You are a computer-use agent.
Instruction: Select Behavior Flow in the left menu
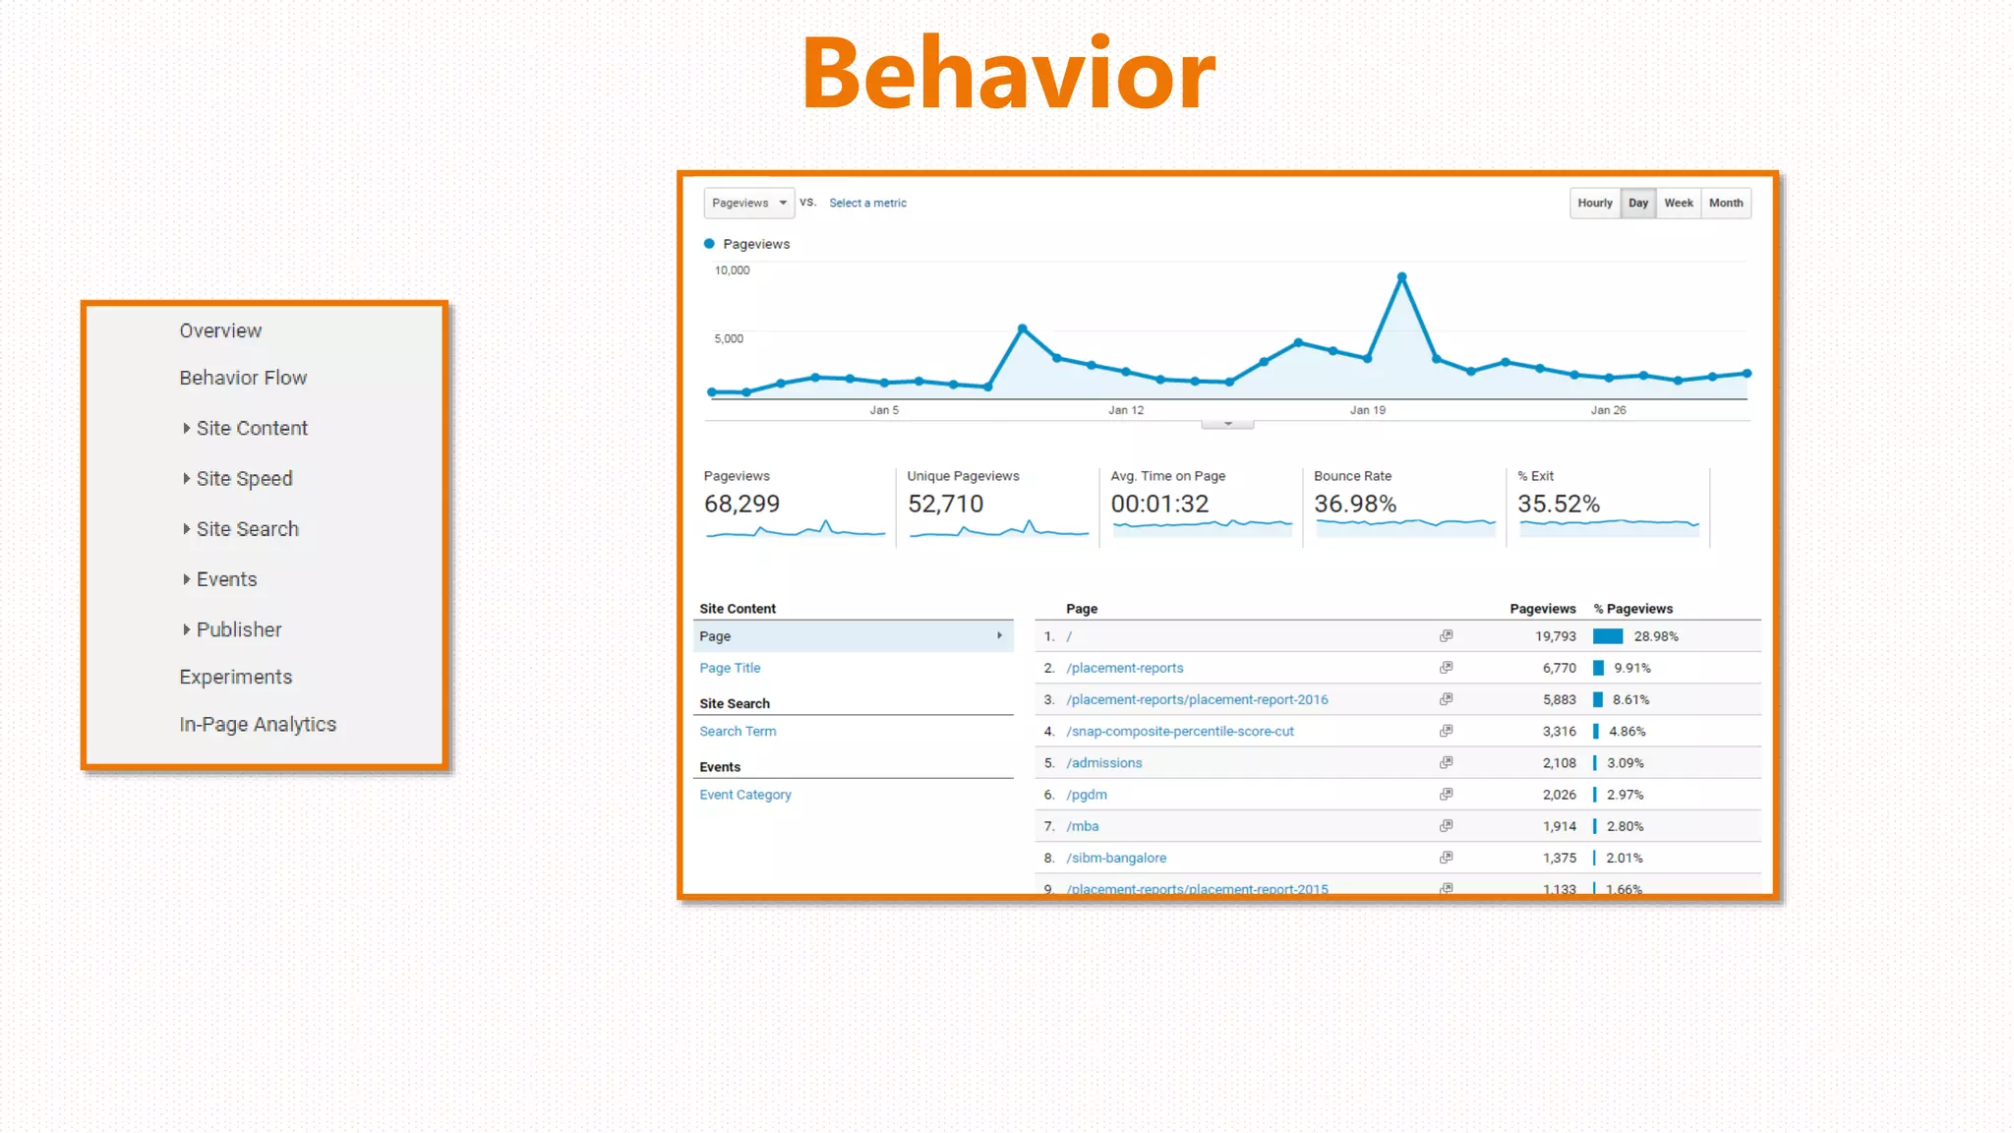(243, 378)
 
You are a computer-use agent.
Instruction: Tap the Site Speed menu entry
(244, 479)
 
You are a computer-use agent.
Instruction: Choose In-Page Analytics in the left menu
(258, 725)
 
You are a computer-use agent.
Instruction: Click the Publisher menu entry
(239, 629)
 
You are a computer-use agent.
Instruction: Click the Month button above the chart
(1725, 203)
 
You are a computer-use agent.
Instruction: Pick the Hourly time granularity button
(1594, 203)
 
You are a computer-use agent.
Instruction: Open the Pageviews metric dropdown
(748, 203)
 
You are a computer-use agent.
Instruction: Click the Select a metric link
(867, 203)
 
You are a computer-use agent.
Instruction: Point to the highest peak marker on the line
(1401, 277)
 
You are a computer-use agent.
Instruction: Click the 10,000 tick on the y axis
(732, 270)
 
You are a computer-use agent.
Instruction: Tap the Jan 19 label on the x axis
(1367, 410)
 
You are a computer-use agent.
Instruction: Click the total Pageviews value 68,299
(741, 504)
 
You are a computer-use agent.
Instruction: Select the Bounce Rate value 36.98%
(1354, 504)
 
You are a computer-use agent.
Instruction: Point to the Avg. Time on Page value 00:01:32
(1159, 504)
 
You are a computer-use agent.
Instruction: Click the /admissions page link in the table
(1103, 763)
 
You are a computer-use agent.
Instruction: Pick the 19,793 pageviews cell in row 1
(1555, 636)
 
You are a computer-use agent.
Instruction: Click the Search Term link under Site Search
(738, 732)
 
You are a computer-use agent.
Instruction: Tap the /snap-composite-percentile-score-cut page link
(1179, 732)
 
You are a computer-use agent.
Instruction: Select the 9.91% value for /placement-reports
(1631, 668)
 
